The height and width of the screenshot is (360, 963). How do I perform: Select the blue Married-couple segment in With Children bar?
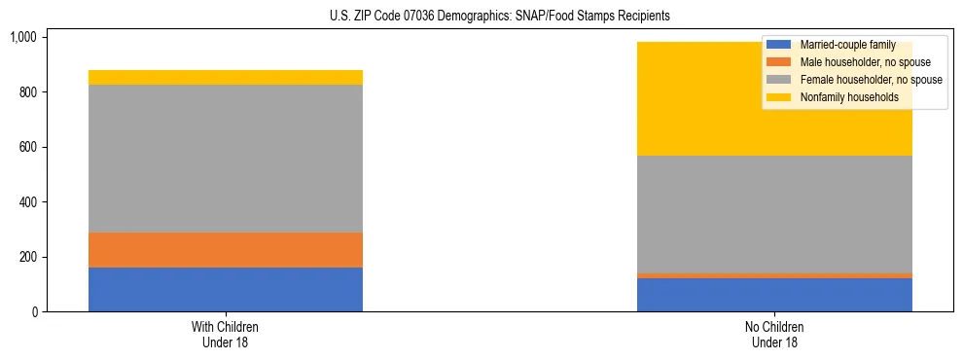(226, 289)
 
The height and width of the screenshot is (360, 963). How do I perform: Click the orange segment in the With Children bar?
(226, 250)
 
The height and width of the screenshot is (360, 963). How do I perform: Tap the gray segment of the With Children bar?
(226, 159)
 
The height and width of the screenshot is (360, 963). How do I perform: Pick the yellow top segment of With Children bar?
(226, 78)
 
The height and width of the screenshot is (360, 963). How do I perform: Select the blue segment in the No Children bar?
(774, 295)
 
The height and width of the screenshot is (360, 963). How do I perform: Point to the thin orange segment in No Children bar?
(774, 276)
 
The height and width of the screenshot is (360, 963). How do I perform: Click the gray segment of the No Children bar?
(774, 215)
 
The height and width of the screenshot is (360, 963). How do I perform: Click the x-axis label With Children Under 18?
(226, 334)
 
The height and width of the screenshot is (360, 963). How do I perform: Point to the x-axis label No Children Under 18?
(774, 334)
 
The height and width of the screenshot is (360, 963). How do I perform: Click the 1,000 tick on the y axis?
(22, 37)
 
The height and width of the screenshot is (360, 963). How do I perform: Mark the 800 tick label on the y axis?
(26, 92)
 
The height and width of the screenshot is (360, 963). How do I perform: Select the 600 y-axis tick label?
(26, 147)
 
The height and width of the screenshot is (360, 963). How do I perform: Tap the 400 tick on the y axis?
(26, 202)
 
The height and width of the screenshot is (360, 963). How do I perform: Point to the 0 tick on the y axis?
(33, 312)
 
